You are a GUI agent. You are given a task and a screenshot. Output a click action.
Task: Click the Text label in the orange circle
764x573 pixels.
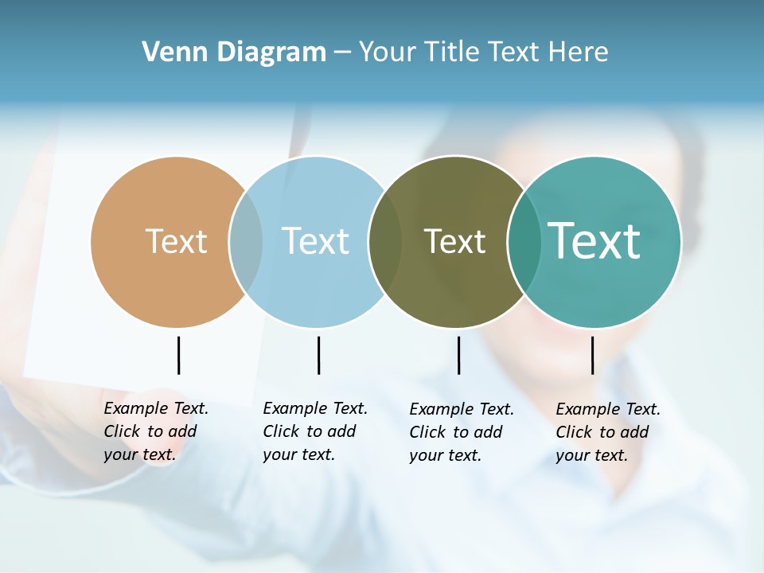click(x=176, y=241)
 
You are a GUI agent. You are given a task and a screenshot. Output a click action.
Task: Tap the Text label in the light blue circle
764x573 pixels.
click(x=315, y=241)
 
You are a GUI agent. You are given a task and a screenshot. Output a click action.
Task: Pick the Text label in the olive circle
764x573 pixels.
click(x=454, y=241)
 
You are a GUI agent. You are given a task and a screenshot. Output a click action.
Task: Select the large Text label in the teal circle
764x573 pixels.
click(x=594, y=240)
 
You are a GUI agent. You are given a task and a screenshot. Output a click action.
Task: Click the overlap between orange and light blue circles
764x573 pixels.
click(x=246, y=242)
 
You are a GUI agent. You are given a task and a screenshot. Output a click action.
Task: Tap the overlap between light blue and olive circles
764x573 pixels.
click(x=385, y=242)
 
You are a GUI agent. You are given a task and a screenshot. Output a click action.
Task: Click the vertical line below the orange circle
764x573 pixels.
click(x=178, y=355)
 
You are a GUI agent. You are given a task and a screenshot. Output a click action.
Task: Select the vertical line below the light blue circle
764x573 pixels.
click(x=318, y=355)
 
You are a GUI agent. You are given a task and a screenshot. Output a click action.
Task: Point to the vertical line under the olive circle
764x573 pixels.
click(x=458, y=355)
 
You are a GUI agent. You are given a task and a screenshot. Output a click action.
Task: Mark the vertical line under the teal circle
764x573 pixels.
click(x=592, y=355)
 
